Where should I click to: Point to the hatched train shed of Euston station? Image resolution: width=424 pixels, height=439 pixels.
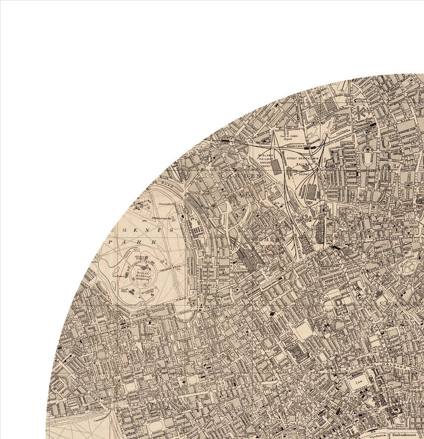[x=247, y=259]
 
